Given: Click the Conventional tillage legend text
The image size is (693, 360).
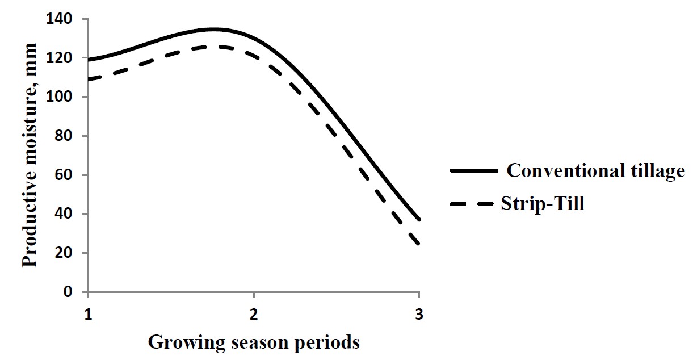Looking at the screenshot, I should click(595, 170).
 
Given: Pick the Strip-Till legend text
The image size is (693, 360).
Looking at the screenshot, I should click(542, 204).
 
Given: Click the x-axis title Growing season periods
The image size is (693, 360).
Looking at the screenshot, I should click(254, 342).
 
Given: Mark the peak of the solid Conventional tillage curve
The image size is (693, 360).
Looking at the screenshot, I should click(213, 29).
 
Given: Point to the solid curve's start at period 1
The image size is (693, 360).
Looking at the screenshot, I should click(89, 60).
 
